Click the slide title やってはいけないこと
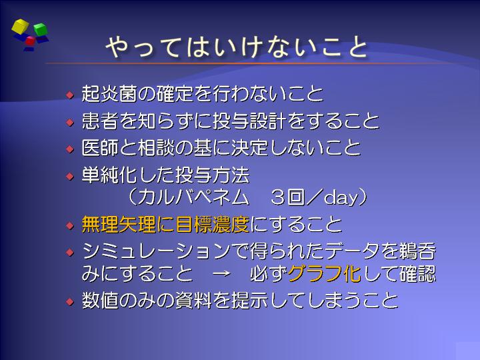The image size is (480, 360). [x=236, y=47]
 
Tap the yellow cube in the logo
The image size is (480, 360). [x=20, y=26]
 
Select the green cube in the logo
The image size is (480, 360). [x=41, y=29]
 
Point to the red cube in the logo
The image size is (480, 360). [x=30, y=41]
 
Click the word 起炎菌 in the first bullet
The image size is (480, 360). [x=109, y=93]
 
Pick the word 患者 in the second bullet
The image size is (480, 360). [x=100, y=121]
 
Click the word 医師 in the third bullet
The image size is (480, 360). [x=100, y=147]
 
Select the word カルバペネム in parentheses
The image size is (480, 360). [x=193, y=197]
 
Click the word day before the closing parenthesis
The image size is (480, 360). [x=341, y=198]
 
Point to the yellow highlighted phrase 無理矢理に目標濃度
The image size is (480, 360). [x=165, y=224]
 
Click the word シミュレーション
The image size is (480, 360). [x=156, y=251]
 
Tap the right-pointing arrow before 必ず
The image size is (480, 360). [x=221, y=273]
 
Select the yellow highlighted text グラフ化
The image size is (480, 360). [x=324, y=273]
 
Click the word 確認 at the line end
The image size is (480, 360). [x=417, y=273]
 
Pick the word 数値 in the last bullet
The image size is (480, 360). [x=100, y=300]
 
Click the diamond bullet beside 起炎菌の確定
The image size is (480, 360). [x=70, y=94]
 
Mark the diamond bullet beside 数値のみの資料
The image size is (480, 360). [x=70, y=301]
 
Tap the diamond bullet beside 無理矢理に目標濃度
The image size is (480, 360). [x=70, y=225]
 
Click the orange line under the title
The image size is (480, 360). [x=245, y=63]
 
